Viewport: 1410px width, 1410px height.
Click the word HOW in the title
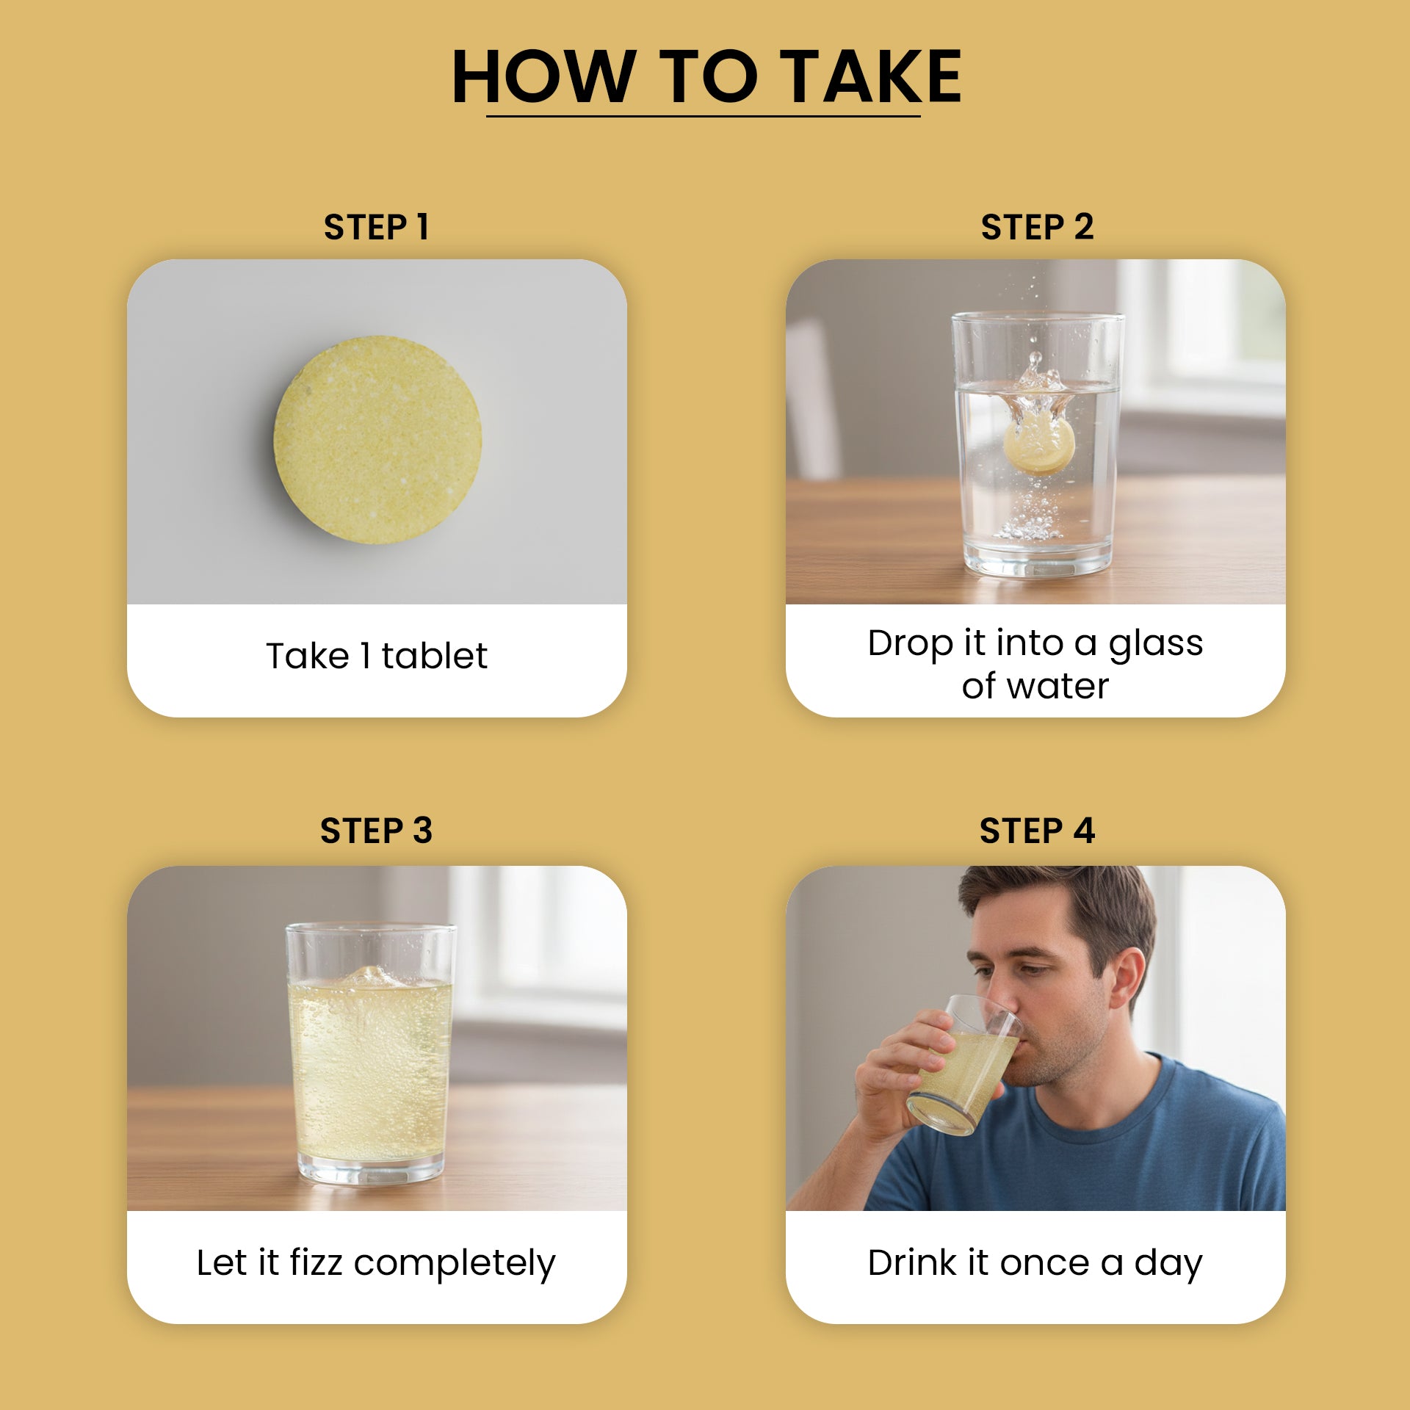pyautogui.click(x=544, y=76)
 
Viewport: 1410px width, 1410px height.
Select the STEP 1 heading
pyautogui.click(x=376, y=227)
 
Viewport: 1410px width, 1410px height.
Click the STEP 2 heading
pyautogui.click(x=1037, y=227)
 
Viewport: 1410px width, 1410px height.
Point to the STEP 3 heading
pyautogui.click(x=376, y=831)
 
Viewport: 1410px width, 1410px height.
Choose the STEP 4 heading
pyautogui.click(x=1037, y=831)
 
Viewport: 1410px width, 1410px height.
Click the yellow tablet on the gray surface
pyautogui.click(x=377, y=440)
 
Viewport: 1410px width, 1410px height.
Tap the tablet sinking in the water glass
pyautogui.click(x=1039, y=443)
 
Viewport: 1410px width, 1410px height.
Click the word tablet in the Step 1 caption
pyautogui.click(x=434, y=655)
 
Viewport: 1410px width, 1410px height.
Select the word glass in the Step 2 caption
pyautogui.click(x=1155, y=644)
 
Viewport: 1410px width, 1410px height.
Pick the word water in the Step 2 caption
pyautogui.click(x=1057, y=687)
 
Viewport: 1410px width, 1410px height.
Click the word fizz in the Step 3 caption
pyautogui.click(x=316, y=1262)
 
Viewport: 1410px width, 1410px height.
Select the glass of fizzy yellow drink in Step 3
pyautogui.click(x=371, y=1053)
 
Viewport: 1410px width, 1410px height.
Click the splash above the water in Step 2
pyautogui.click(x=1037, y=378)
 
